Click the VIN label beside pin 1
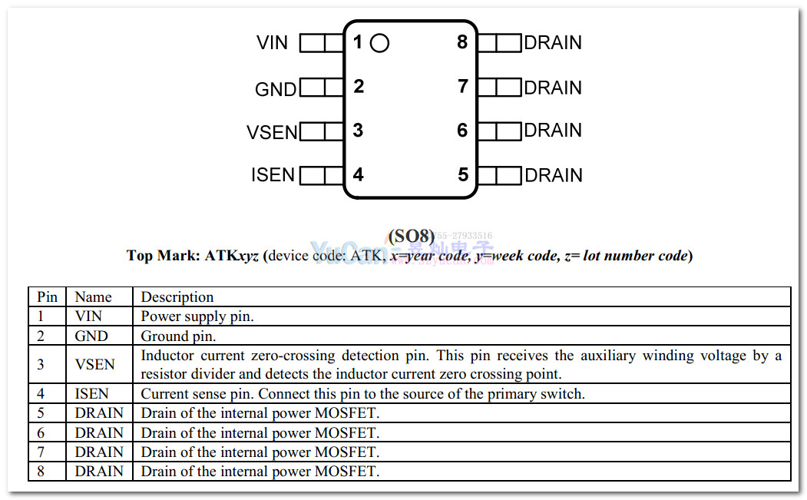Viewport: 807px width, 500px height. pyautogui.click(x=272, y=43)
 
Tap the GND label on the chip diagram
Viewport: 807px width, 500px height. pyautogui.click(x=275, y=90)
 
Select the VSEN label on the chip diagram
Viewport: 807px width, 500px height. pyautogui.click(x=272, y=133)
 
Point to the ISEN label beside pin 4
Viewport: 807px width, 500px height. pyautogui.click(x=273, y=175)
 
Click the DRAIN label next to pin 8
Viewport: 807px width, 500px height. pyautogui.click(x=553, y=43)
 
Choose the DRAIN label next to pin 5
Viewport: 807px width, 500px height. pyautogui.click(x=553, y=176)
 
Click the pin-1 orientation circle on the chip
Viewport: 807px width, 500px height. pyautogui.click(x=379, y=44)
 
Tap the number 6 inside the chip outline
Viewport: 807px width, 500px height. pyautogui.click(x=462, y=131)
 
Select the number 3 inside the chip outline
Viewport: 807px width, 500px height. pyautogui.click(x=358, y=131)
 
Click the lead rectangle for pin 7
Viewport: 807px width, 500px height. pyautogui.click(x=499, y=87)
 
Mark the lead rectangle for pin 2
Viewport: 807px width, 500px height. pyautogui.click(x=322, y=88)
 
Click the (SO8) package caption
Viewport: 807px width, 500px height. pyautogui.click(x=411, y=236)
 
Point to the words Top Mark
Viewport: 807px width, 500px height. pyautogui.click(x=161, y=256)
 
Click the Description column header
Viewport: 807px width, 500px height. pyautogui.click(x=177, y=297)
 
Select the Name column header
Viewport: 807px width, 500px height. pyautogui.click(x=93, y=297)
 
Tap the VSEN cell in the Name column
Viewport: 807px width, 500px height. pyautogui.click(x=95, y=365)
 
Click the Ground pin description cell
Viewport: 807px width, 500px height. pyautogui.click(x=178, y=336)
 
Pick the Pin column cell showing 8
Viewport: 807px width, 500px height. pyautogui.click(x=41, y=472)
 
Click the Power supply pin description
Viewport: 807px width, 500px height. pyautogui.click(x=197, y=316)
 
